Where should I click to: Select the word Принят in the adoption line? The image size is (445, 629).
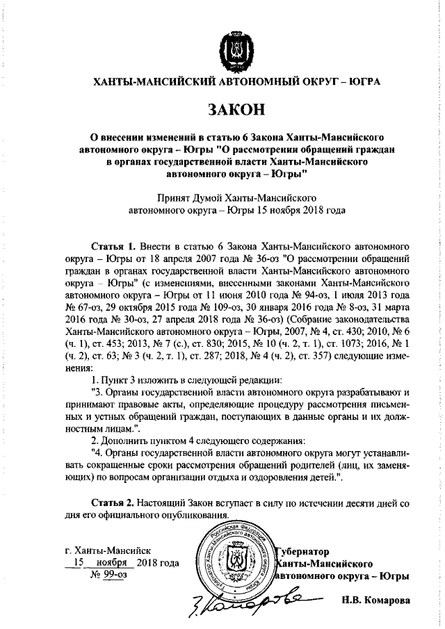click(174, 197)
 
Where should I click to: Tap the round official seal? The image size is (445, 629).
click(234, 562)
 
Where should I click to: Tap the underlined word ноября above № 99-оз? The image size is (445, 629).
click(111, 562)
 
